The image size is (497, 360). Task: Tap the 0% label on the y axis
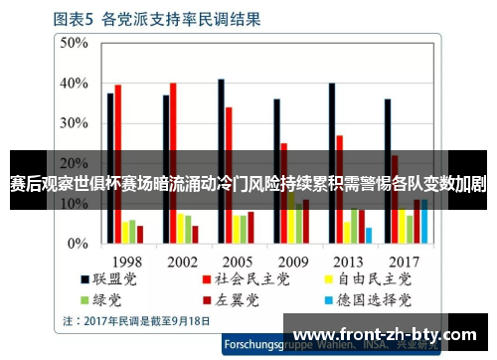[79, 243]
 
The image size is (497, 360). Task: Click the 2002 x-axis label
[181, 261]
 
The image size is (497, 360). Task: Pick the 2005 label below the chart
[237, 261]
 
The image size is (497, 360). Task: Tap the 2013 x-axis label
[348, 261]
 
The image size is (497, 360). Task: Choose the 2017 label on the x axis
[404, 261]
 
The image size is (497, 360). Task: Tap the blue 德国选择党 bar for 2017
[423, 223]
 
